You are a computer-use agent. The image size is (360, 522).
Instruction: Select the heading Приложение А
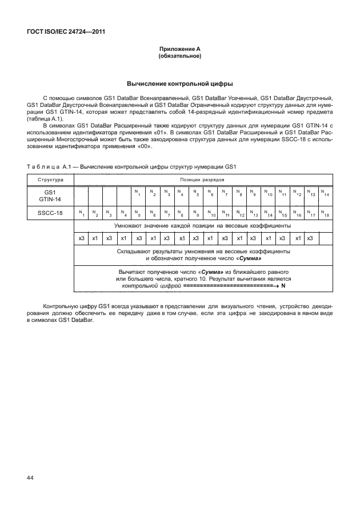(179, 50)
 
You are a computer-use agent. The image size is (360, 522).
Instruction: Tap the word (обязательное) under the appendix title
(179, 57)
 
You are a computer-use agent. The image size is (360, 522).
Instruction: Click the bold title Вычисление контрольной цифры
(179, 84)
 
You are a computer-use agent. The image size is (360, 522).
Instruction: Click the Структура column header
(50, 180)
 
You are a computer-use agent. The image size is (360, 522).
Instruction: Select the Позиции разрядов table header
(203, 180)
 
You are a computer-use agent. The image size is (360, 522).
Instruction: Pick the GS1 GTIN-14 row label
(50, 196)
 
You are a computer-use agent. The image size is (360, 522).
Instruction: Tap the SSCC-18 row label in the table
(50, 213)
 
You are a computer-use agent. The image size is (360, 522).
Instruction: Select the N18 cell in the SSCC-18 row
(326, 213)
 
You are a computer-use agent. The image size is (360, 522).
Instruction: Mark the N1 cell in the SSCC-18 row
(81, 213)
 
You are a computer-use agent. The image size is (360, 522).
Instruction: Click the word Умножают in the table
(129, 226)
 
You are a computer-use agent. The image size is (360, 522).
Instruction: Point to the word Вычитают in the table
(133, 272)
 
